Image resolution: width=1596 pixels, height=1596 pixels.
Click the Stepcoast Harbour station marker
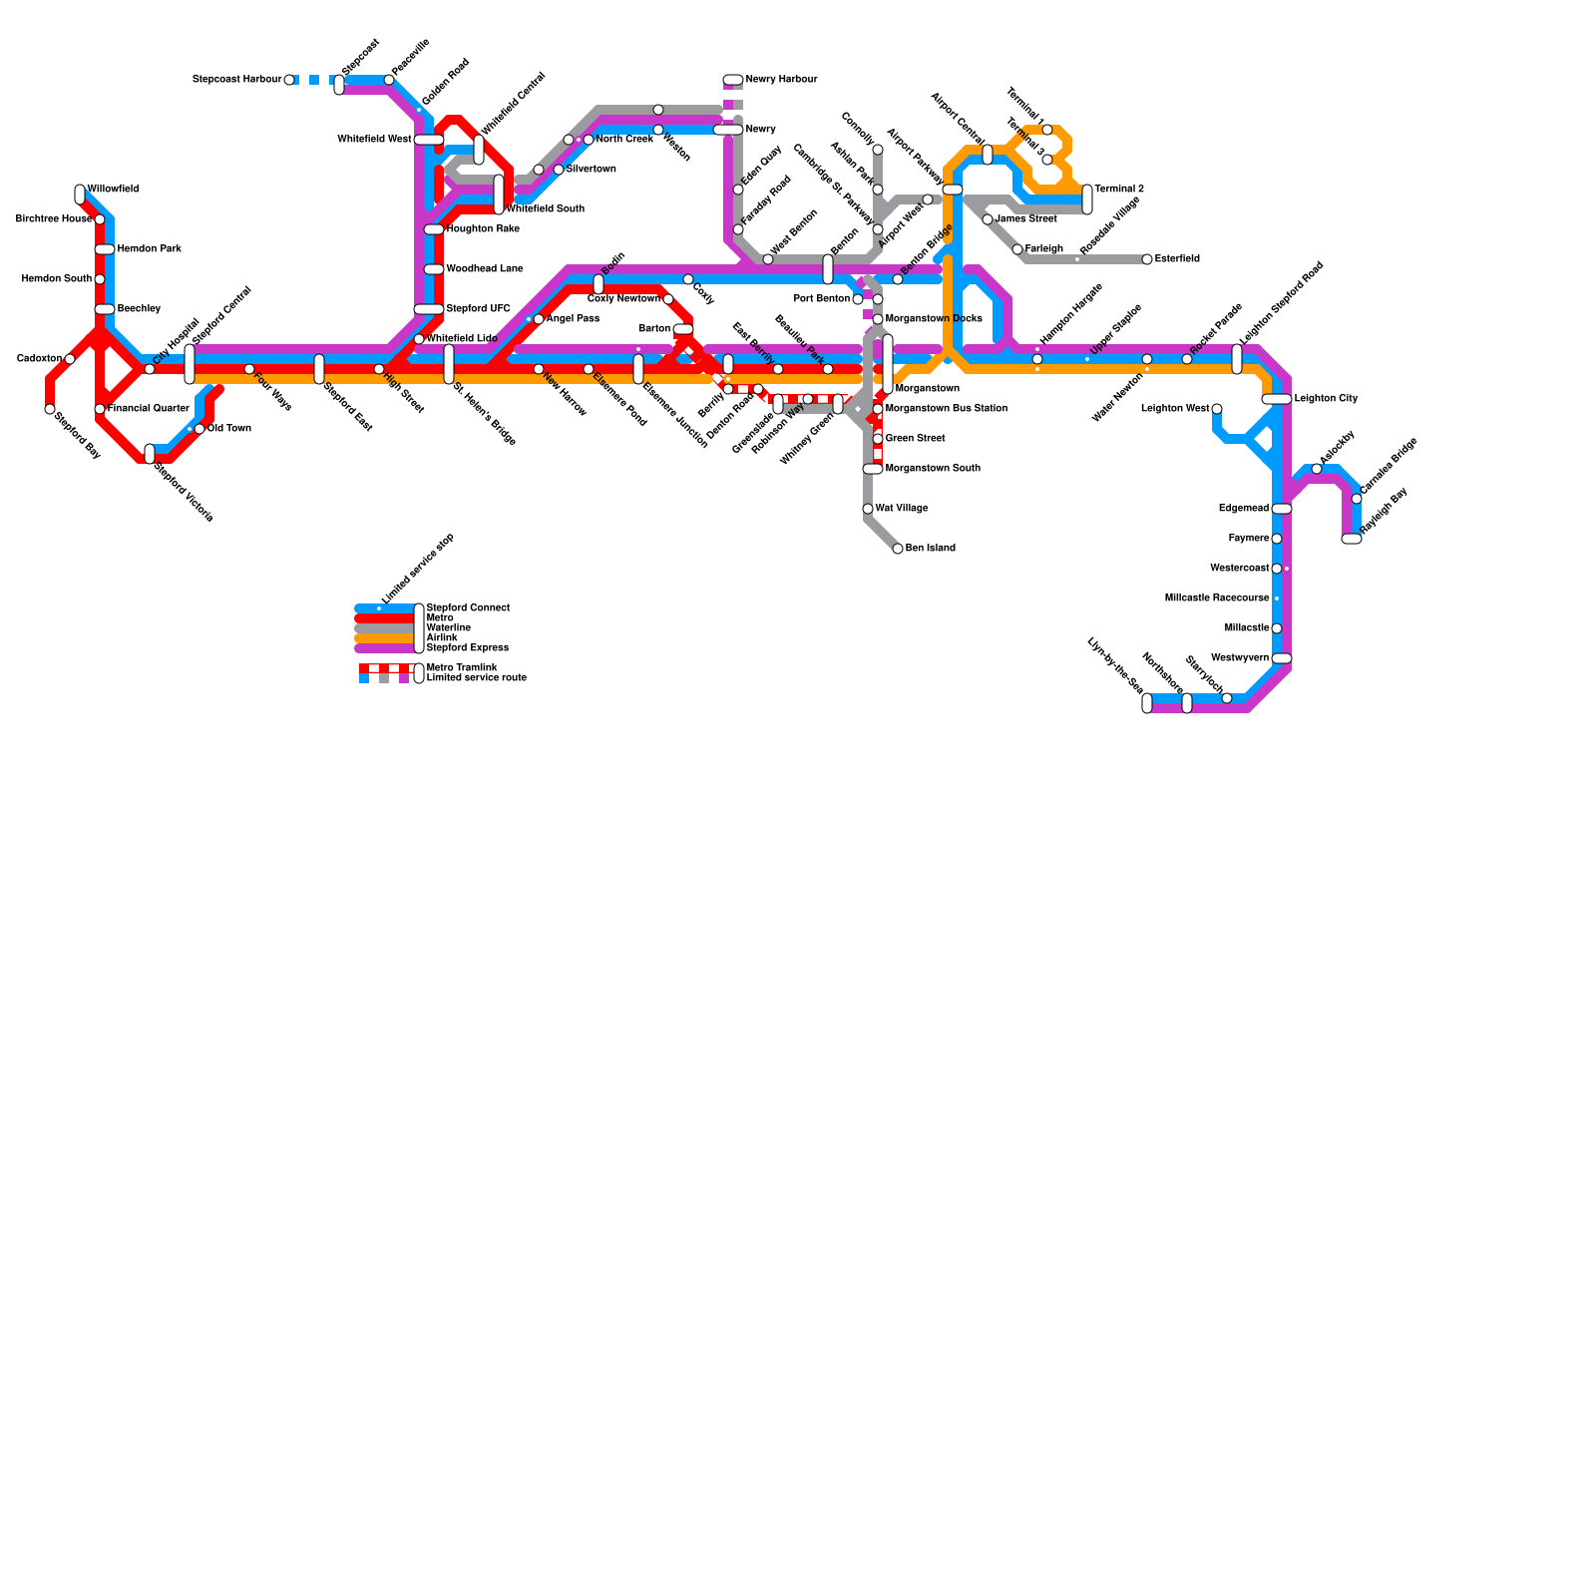tap(289, 80)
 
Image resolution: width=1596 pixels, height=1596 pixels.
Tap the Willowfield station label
tap(113, 189)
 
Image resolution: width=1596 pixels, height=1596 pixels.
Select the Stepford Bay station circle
tap(50, 409)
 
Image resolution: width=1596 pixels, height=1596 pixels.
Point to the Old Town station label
tap(229, 429)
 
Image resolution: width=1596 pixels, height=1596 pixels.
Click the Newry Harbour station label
tap(781, 80)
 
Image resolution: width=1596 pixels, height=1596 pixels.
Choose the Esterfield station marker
tap(1147, 259)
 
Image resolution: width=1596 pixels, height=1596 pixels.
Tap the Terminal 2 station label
tap(1119, 189)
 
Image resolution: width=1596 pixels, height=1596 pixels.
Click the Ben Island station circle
tap(898, 549)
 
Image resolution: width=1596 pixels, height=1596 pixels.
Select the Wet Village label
tap(902, 509)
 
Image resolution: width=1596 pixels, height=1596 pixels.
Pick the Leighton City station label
tap(1326, 399)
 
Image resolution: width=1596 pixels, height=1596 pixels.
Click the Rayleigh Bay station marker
tap(1352, 539)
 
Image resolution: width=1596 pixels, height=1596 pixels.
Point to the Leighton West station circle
tap(1217, 409)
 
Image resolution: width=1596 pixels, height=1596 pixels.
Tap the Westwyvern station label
tap(1240, 658)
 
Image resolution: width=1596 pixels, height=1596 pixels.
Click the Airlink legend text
tap(442, 637)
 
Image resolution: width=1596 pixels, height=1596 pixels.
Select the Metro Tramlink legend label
tap(461, 667)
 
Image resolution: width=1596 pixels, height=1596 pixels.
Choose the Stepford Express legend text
tap(467, 648)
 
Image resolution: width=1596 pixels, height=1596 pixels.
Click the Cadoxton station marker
tap(70, 359)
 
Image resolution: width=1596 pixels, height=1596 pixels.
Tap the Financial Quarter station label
tap(149, 409)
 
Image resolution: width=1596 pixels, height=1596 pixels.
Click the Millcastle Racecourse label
tap(1217, 598)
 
